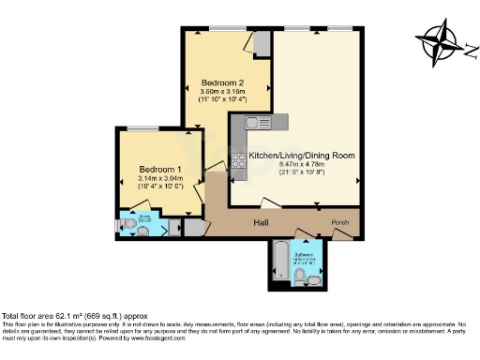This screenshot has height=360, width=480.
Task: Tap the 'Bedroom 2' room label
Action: [216, 82]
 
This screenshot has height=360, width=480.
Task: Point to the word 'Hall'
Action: [263, 223]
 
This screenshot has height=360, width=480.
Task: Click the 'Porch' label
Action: [340, 222]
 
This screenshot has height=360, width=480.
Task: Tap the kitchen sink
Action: [253, 123]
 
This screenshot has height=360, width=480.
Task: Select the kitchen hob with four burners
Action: [238, 159]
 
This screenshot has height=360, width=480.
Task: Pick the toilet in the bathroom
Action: [315, 279]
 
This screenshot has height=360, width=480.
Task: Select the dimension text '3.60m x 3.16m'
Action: [216, 90]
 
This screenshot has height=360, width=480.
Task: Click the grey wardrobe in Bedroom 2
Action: [262, 44]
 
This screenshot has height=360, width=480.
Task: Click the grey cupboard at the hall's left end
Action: [192, 227]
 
